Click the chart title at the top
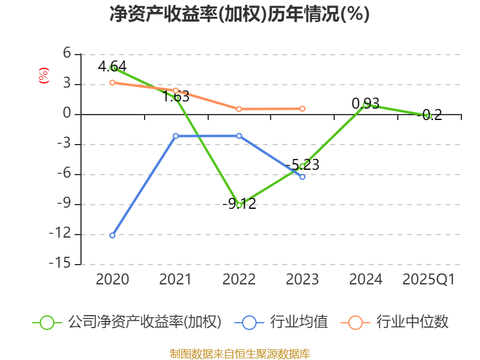click(239, 14)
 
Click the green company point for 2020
click(113, 68)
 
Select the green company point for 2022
click(239, 205)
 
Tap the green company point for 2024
click(366, 104)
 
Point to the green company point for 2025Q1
click(428, 116)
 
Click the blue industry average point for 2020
click(112, 235)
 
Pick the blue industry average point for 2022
click(239, 136)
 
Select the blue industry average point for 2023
click(302, 177)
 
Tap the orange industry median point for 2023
click(302, 109)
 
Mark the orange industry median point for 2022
click(239, 109)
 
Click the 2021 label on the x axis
click(175, 280)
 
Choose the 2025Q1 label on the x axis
click(428, 280)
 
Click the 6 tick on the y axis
click(67, 54)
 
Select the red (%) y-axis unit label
click(43, 76)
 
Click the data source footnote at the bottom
click(239, 353)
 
